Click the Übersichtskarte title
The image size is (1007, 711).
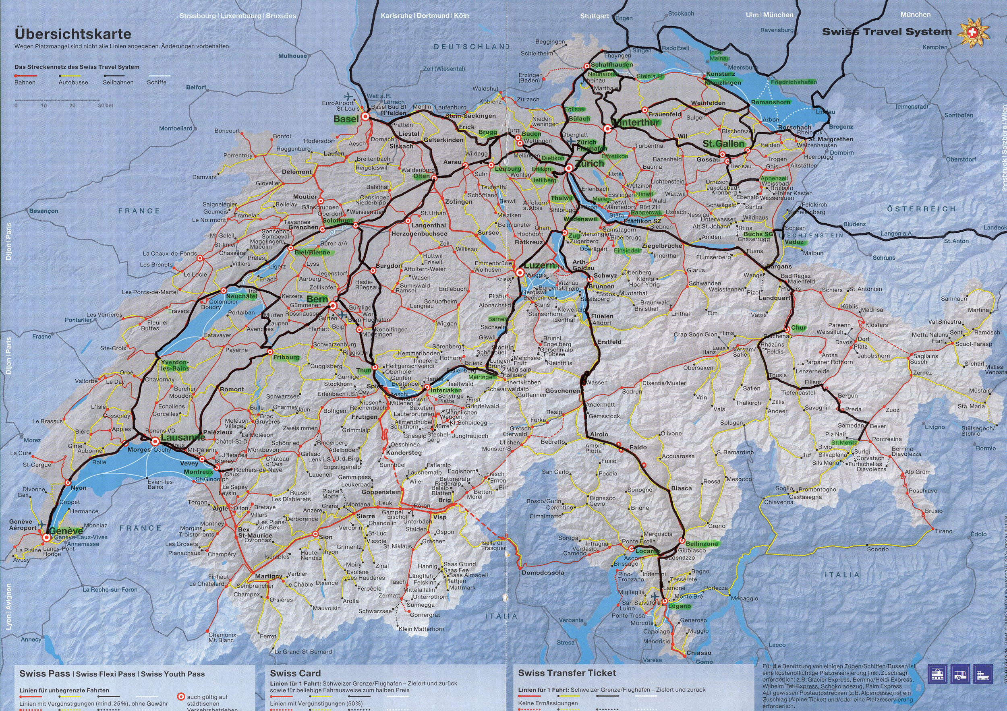click(73, 34)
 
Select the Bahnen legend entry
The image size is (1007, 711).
click(25, 82)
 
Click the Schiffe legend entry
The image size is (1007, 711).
click(156, 82)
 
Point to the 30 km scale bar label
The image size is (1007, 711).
click(106, 105)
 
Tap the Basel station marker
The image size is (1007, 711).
click(365, 117)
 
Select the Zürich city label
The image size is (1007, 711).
click(589, 163)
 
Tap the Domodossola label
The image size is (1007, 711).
click(543, 573)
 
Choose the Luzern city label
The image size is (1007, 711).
click(539, 265)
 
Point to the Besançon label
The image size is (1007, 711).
click(44, 211)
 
